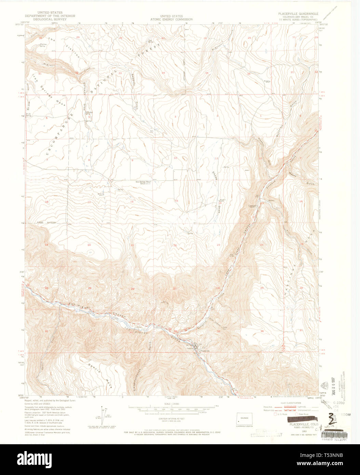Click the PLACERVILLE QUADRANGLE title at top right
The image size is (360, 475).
[298, 14]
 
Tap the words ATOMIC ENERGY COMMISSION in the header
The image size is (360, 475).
[171, 19]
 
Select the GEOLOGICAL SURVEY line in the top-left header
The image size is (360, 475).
[48, 19]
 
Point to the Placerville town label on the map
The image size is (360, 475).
[204, 351]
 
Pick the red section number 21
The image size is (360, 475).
[132, 245]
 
